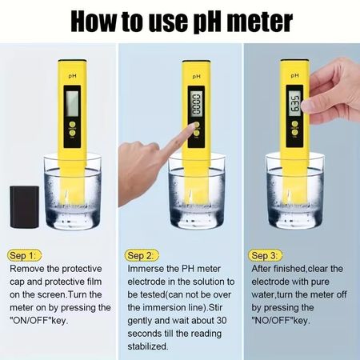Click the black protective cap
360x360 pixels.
(25, 207)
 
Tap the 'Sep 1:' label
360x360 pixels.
(24, 255)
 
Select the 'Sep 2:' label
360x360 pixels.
(142, 255)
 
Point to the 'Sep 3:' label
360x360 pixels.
(265, 255)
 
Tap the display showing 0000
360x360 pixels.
(197, 104)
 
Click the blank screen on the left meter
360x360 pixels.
(72, 103)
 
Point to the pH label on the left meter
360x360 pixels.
(73, 76)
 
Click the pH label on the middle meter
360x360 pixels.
(197, 77)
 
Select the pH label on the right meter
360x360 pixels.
(294, 76)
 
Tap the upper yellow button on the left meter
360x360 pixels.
(72, 125)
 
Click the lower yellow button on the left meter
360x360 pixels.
(72, 133)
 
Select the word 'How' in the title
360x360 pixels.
(94, 22)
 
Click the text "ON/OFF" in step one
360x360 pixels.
(30, 320)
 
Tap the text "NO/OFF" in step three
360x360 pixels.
(272, 320)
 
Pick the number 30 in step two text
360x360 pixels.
(221, 320)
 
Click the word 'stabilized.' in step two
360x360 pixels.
(148, 346)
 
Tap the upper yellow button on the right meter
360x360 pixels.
(294, 124)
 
